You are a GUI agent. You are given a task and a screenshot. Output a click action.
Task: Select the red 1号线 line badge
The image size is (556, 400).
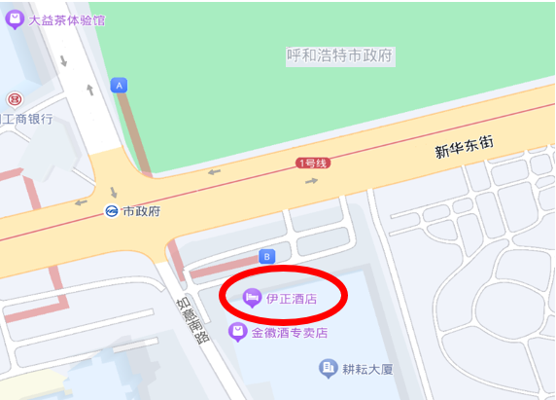tap(313, 164)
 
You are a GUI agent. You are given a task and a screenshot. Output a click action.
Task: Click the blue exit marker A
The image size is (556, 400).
tap(120, 86)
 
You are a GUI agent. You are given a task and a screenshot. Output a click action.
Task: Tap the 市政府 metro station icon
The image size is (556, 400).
tap(113, 211)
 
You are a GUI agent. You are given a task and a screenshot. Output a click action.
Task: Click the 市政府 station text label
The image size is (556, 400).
tap(141, 211)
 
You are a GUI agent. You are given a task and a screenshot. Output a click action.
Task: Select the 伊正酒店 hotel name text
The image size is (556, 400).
tap(293, 298)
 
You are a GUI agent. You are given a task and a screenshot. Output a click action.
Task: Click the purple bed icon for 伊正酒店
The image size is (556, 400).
tap(252, 297)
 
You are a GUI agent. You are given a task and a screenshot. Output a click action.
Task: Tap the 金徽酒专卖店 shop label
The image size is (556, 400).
tap(289, 333)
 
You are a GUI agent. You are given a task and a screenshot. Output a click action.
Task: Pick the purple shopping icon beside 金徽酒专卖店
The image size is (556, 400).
tap(236, 333)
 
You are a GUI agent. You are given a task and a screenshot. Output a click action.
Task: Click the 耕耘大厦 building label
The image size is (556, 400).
tap(366, 369)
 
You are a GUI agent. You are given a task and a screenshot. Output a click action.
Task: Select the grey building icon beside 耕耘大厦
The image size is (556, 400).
tap(328, 368)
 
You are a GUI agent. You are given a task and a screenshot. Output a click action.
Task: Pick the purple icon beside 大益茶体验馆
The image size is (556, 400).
tap(14, 19)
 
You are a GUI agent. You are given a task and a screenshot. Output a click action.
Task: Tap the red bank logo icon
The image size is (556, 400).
tap(14, 99)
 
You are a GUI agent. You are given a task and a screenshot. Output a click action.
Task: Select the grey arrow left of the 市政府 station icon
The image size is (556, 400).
tap(80, 203)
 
